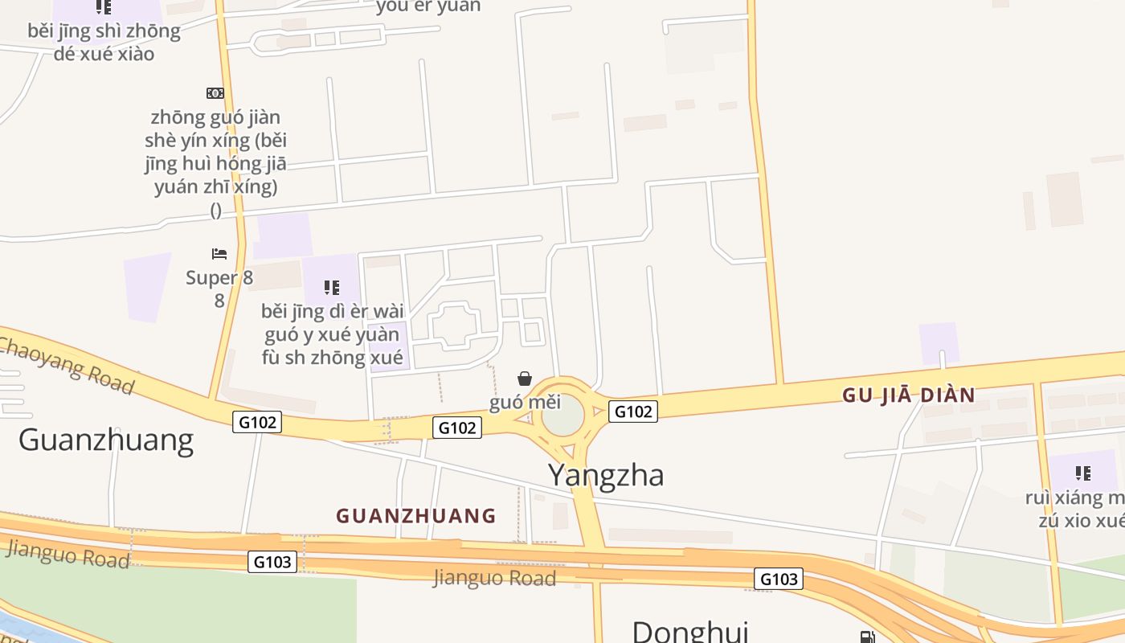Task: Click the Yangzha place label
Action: pos(606,475)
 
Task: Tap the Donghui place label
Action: pos(689,631)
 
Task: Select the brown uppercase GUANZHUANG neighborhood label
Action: pos(415,516)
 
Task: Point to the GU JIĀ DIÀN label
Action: pos(908,395)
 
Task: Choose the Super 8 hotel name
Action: pos(219,278)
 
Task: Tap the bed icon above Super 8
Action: pos(219,254)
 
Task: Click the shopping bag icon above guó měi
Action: pos(525,379)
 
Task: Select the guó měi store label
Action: pos(525,403)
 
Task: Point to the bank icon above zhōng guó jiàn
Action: pos(215,93)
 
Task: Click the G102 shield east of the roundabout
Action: pos(633,412)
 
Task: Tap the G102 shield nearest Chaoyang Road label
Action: pos(257,421)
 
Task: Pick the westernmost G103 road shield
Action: pos(272,562)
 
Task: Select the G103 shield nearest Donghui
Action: pos(779,579)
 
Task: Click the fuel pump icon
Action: pos(867,637)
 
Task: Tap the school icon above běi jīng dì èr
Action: pos(332,287)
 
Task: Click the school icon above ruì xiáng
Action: pos(1083,473)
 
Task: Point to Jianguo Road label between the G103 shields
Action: pos(494,578)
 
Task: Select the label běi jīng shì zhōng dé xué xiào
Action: pos(103,43)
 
